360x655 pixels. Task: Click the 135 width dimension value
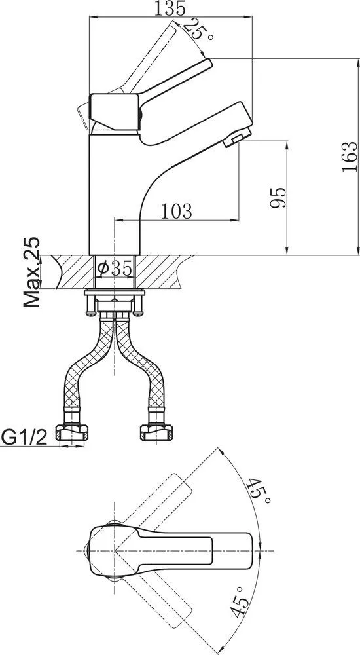[170, 9]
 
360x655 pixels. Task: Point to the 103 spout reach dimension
[177, 212]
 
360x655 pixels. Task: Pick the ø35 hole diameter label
[115, 268]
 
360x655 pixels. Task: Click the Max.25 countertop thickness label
[31, 272]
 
